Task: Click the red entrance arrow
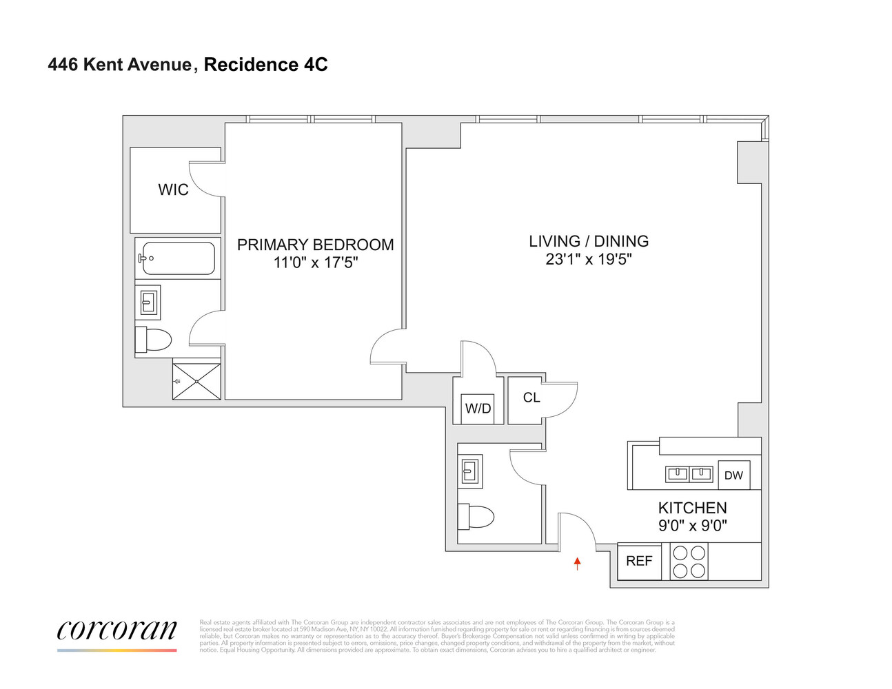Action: (x=578, y=564)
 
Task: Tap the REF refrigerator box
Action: (x=639, y=561)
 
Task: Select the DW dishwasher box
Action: (x=733, y=475)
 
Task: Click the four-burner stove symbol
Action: (x=689, y=562)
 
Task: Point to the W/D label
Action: (x=478, y=409)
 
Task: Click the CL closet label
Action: (x=531, y=398)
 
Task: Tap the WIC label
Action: (x=173, y=190)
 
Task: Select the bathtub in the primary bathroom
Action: (x=178, y=258)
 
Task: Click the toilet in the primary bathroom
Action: (x=153, y=340)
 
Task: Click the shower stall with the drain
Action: (x=196, y=381)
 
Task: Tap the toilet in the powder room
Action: (x=476, y=516)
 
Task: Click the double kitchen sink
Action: (x=689, y=473)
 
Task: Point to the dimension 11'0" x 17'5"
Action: (x=316, y=263)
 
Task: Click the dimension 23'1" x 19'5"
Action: (x=589, y=260)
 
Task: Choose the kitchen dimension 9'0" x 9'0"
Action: (x=692, y=526)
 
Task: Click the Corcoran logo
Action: (x=116, y=631)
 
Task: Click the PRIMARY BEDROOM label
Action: (x=316, y=245)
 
